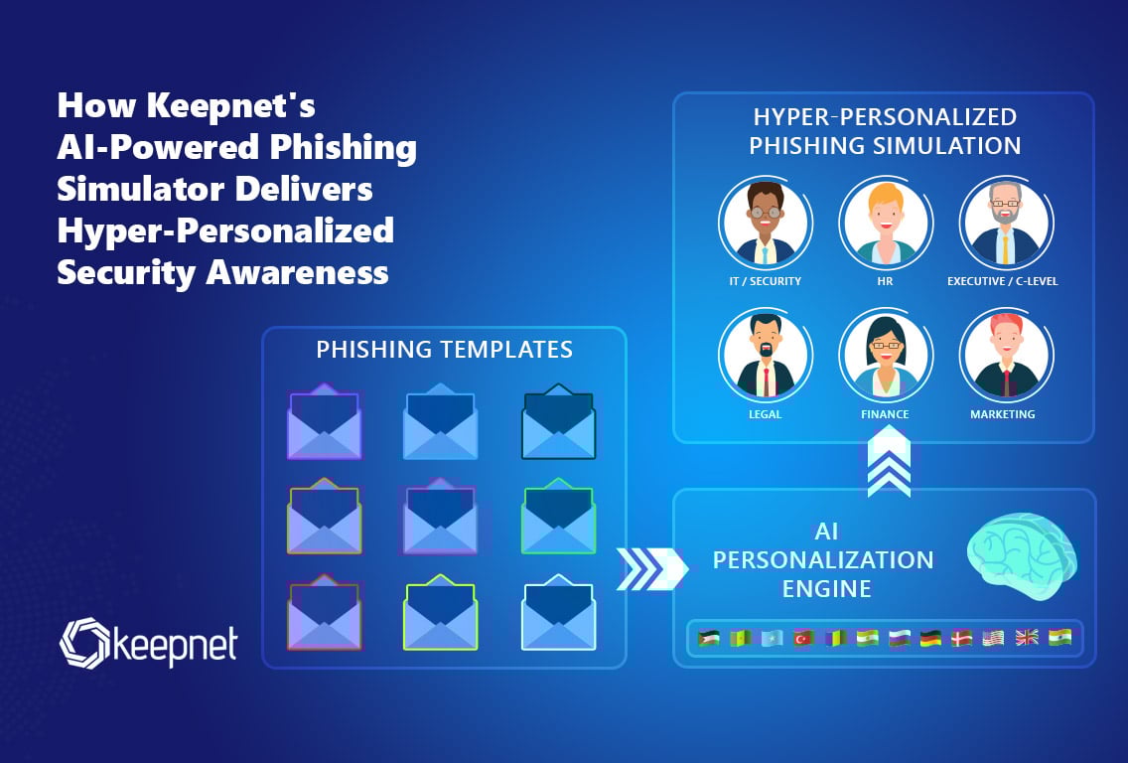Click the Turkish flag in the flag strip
[802, 638]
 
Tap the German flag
[930, 638]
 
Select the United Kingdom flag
[1026, 638]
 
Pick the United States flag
[994, 638]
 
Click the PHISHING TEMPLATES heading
[444, 350]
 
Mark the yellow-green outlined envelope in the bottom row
[441, 612]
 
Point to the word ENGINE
[826, 588]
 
